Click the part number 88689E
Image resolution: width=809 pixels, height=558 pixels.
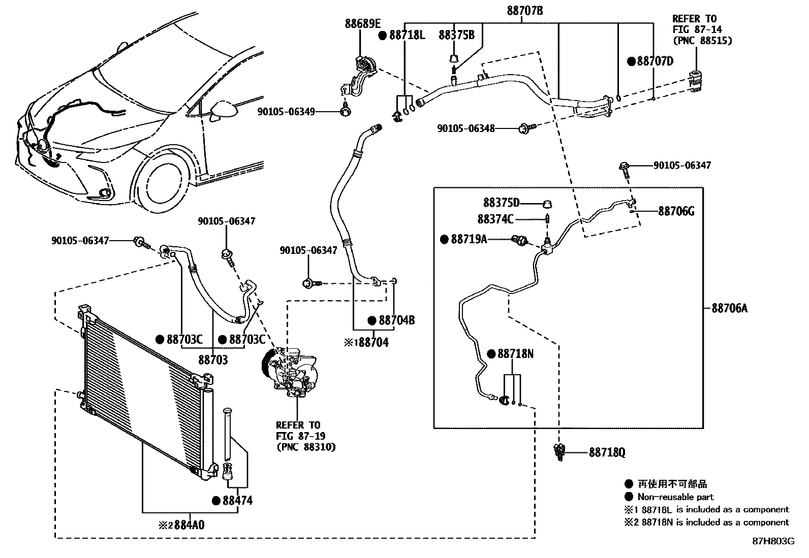362,23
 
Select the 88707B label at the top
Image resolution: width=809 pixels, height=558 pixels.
525,10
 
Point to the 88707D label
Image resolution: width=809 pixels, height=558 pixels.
655,61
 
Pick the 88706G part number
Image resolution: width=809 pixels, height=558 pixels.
676,211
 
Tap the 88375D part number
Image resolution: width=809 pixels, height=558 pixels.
501,203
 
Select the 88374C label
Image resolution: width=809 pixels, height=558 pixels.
495,219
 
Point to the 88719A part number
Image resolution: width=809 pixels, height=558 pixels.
469,239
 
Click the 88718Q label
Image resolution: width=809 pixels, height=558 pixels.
607,452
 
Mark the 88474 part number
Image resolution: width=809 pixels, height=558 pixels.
237,501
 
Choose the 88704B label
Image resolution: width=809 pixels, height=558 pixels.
396,320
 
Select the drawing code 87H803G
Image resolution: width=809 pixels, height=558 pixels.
773,541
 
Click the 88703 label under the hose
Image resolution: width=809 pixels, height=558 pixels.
212,359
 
